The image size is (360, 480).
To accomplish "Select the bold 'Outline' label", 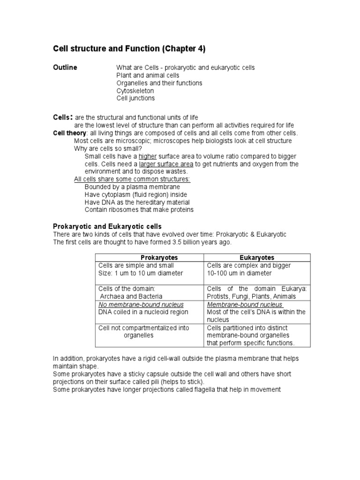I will click(x=65, y=67).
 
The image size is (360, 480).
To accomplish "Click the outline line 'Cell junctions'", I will click(x=135, y=98).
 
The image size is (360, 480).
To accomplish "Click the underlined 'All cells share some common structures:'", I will click(x=132, y=179).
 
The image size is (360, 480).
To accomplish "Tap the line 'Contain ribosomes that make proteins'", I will click(x=139, y=210).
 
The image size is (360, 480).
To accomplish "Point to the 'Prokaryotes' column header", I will click(x=149, y=258).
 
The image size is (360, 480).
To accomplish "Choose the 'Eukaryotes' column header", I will click(x=257, y=258).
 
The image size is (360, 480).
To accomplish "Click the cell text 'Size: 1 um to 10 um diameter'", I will click(x=141, y=273).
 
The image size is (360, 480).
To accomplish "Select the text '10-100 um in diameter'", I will click(x=239, y=273).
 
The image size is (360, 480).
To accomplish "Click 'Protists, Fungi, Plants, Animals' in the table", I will click(x=251, y=296).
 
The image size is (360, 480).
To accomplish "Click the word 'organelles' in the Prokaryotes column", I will click(x=138, y=336).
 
